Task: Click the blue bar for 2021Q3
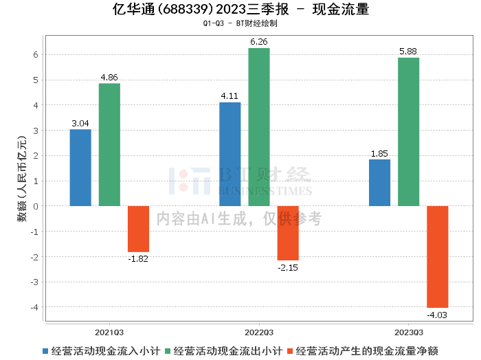tap(80, 168)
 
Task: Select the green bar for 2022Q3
tap(259, 127)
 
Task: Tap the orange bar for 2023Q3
tap(438, 257)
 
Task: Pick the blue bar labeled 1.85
tap(379, 183)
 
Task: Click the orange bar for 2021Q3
tap(138, 229)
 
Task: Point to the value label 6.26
tap(259, 42)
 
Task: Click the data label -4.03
tap(437, 315)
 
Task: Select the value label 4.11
tap(230, 96)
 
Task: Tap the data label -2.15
tap(288, 268)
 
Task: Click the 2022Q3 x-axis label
tap(259, 333)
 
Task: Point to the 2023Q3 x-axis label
tap(409, 333)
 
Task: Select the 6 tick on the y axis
tap(36, 54)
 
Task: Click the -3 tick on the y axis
tap(34, 282)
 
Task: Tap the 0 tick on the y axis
tap(36, 206)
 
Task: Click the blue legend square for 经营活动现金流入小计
tap(45, 351)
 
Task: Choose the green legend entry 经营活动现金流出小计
tap(223, 351)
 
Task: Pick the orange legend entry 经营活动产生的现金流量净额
tap(363, 351)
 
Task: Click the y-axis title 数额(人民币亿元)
tap(22, 179)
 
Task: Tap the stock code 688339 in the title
tap(186, 9)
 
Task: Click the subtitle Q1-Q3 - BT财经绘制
tap(240, 23)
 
